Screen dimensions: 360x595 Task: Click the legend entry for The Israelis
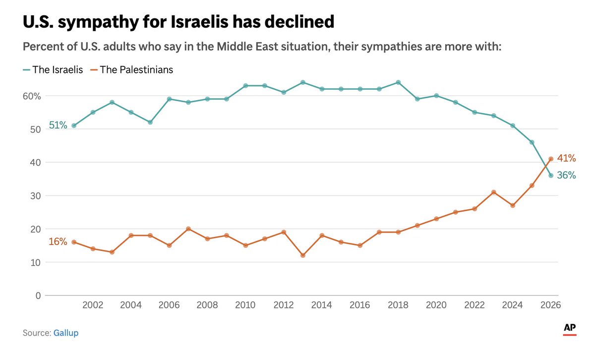point(53,70)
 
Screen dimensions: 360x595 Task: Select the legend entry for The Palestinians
point(131,70)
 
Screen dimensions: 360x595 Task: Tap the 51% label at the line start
point(58,126)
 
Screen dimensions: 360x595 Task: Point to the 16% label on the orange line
point(58,242)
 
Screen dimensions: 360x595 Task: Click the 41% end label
point(566,159)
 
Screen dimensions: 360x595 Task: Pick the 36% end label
point(566,176)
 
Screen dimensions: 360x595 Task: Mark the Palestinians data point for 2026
point(550,159)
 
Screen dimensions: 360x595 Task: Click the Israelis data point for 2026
point(550,176)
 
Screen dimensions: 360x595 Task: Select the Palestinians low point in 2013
point(302,255)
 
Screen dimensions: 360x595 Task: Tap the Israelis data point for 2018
point(398,82)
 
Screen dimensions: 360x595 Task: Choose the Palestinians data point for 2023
point(493,192)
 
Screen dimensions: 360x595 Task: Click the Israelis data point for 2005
point(150,122)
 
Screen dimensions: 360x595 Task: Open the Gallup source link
point(65,333)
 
